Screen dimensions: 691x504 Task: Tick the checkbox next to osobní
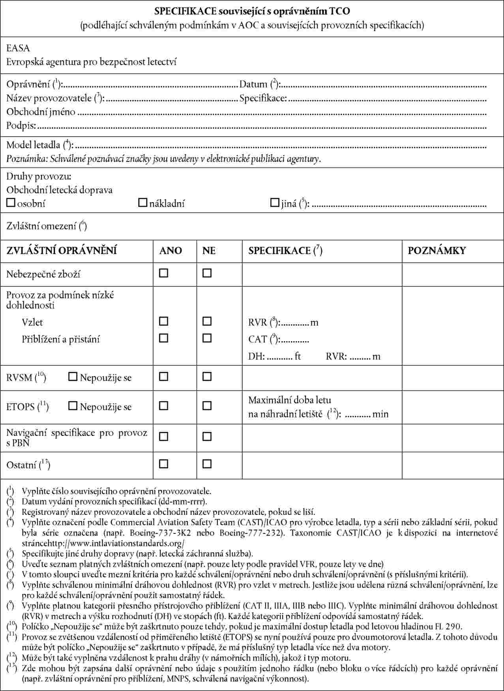[x=11, y=203]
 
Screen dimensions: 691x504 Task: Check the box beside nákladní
[x=142, y=203]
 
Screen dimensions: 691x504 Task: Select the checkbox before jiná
[x=275, y=203]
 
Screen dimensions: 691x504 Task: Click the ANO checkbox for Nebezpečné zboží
[x=163, y=273]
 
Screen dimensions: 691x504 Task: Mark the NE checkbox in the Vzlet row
[x=207, y=321]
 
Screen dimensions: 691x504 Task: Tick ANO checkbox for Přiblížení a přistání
[x=163, y=338]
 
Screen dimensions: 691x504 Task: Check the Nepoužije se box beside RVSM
[x=73, y=377]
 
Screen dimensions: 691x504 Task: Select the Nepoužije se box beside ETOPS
[x=73, y=406]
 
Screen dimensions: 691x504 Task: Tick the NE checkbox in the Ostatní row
[x=207, y=464]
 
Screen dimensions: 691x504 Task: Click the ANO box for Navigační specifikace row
[x=163, y=437]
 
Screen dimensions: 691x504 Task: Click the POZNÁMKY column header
[x=437, y=250]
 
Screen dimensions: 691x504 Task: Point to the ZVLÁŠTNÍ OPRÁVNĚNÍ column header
[x=62, y=250]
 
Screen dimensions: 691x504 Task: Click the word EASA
[x=18, y=49]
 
